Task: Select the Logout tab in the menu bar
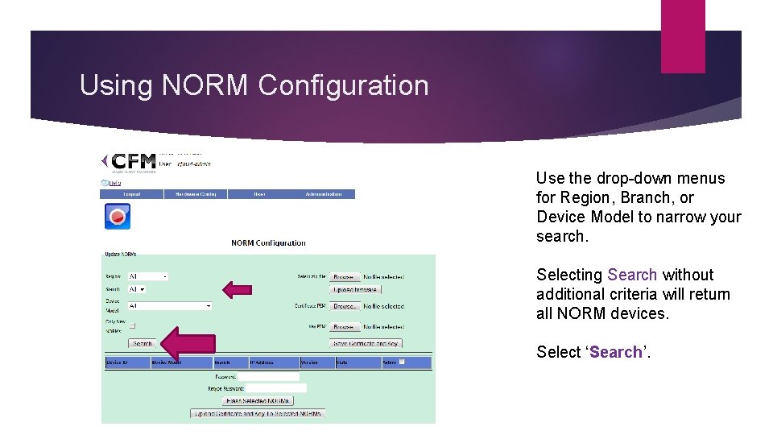[131, 194]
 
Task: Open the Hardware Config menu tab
[196, 194]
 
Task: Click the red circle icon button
[118, 216]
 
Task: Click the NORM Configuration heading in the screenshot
[268, 242]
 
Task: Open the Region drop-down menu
[148, 276]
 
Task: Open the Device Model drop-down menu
[170, 306]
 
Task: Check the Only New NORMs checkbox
[133, 325]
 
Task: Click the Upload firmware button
[355, 289]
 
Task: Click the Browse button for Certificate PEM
[345, 306]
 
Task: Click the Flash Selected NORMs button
[258, 400]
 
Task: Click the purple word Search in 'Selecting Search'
[632, 275]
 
